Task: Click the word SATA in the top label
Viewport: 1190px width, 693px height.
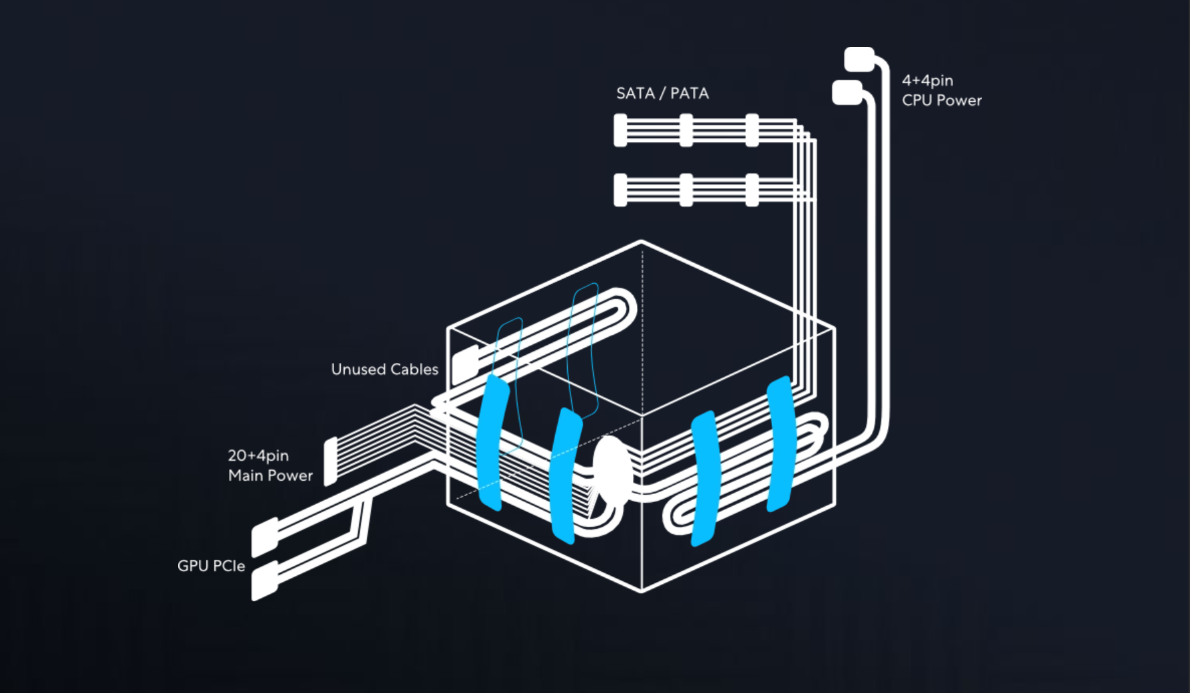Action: pos(635,93)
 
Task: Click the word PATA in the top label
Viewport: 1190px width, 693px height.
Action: pos(689,93)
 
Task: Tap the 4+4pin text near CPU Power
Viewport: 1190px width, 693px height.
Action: pos(927,80)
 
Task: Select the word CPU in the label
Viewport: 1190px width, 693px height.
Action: pos(917,100)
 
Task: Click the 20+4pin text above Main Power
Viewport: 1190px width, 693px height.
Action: pos(258,455)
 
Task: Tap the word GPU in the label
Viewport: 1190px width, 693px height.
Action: pos(192,566)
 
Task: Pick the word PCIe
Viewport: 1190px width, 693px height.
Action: pos(230,566)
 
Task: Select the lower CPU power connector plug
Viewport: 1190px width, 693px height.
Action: pos(847,92)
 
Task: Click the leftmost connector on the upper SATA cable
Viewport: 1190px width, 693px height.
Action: pos(620,130)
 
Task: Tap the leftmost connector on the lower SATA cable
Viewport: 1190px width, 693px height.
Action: pos(620,190)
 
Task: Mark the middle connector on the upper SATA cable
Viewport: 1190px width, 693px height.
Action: pos(686,130)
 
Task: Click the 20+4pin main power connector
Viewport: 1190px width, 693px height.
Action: pos(330,461)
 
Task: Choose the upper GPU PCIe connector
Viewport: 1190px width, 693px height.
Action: pos(265,537)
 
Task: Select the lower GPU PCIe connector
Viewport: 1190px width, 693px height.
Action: pos(265,580)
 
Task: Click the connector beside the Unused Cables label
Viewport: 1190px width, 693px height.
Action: pos(465,366)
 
